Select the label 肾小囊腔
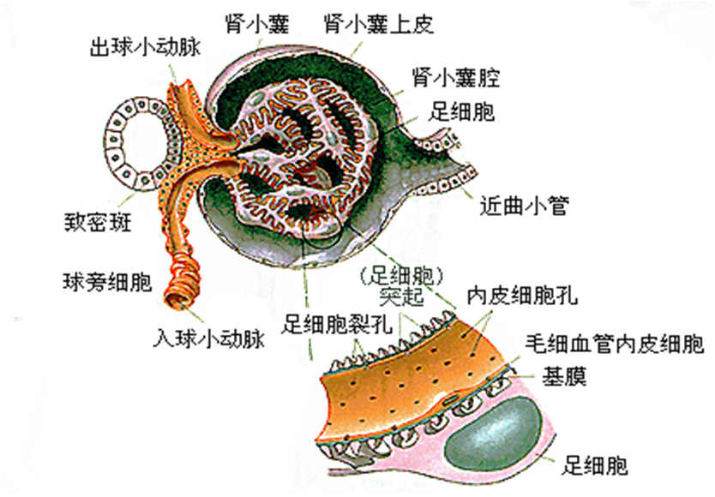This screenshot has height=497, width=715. (455, 78)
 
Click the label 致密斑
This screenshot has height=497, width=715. (98, 225)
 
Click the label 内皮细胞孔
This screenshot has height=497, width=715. (522, 297)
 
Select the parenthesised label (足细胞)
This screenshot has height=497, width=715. (402, 276)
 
